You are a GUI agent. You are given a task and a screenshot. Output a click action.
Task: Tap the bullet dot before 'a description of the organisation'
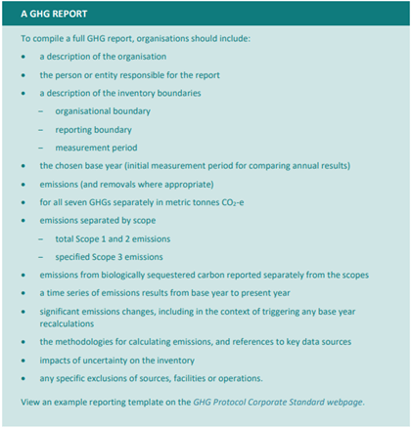click(x=23, y=57)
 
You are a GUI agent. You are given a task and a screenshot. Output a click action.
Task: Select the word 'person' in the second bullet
click(x=68, y=74)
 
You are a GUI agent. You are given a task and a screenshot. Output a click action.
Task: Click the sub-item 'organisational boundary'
click(x=103, y=110)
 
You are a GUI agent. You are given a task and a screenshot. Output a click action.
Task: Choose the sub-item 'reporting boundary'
click(x=93, y=129)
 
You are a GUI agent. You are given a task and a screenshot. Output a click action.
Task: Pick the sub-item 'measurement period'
click(x=95, y=147)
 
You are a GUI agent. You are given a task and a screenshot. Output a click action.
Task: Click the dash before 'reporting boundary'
click(x=41, y=129)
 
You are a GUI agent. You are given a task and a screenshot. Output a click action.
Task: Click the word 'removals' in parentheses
click(x=121, y=184)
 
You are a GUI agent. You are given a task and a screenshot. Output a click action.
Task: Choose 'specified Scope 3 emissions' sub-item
click(x=110, y=256)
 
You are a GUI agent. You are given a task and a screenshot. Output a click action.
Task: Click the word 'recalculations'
click(x=69, y=323)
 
